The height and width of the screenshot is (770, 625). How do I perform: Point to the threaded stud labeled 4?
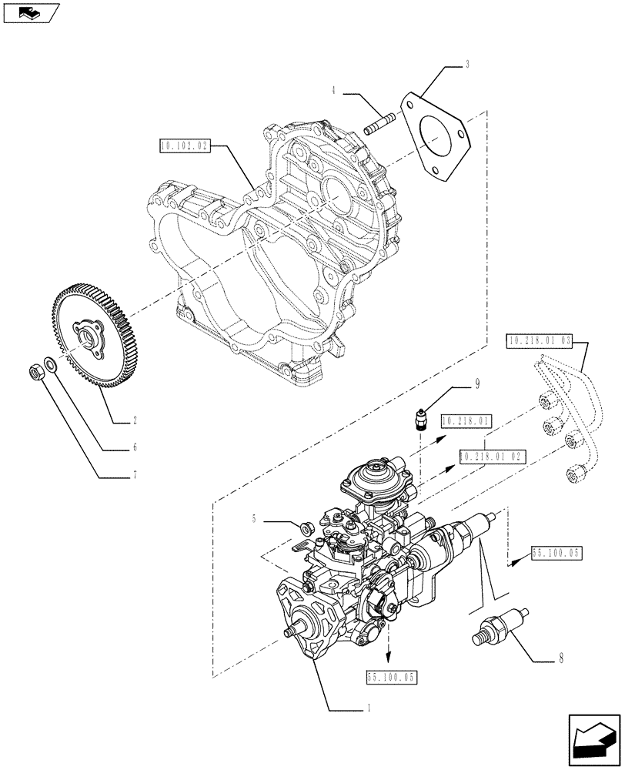[379, 122]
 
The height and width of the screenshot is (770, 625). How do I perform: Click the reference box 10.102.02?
[184, 144]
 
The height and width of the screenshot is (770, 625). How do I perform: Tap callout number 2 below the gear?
[135, 420]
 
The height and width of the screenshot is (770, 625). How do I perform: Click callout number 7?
[135, 474]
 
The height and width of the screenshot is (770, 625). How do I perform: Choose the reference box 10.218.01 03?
[541, 340]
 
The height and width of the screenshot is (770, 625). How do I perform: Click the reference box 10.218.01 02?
[491, 456]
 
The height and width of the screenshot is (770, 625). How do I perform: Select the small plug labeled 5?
[304, 527]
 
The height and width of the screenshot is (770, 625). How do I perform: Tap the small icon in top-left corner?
[29, 12]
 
